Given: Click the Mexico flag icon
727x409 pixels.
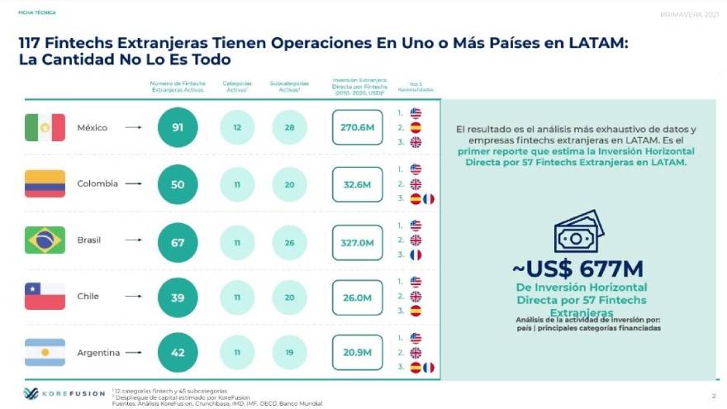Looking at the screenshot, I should pyautogui.click(x=45, y=127).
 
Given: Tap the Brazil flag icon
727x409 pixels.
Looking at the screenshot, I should pyautogui.click(x=45, y=240).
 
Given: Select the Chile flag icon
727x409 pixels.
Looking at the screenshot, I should pyautogui.click(x=45, y=296).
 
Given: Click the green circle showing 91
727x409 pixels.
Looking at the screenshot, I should pyautogui.click(x=178, y=128).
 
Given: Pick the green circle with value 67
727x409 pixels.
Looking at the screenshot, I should pyautogui.click(x=178, y=242).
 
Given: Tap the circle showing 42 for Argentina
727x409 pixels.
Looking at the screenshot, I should pyautogui.click(x=178, y=353).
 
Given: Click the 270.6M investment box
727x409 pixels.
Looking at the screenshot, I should pyautogui.click(x=357, y=128).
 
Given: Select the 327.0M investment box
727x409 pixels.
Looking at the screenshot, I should pyautogui.click(x=357, y=242).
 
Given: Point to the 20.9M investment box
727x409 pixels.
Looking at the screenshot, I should pyautogui.click(x=357, y=353).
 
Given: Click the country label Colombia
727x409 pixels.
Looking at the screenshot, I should pyautogui.click(x=97, y=183).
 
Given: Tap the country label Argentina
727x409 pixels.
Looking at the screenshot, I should pyautogui.click(x=98, y=353).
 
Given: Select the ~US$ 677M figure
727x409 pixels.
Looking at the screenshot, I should pyautogui.click(x=577, y=269).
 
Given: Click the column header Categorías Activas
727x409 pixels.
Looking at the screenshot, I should pyautogui.click(x=237, y=86).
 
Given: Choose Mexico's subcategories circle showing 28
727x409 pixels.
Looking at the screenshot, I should pyautogui.click(x=289, y=128).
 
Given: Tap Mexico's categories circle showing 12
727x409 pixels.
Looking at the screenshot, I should pyautogui.click(x=237, y=128).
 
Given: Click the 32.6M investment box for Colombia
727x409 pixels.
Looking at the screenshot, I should pyautogui.click(x=357, y=184).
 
